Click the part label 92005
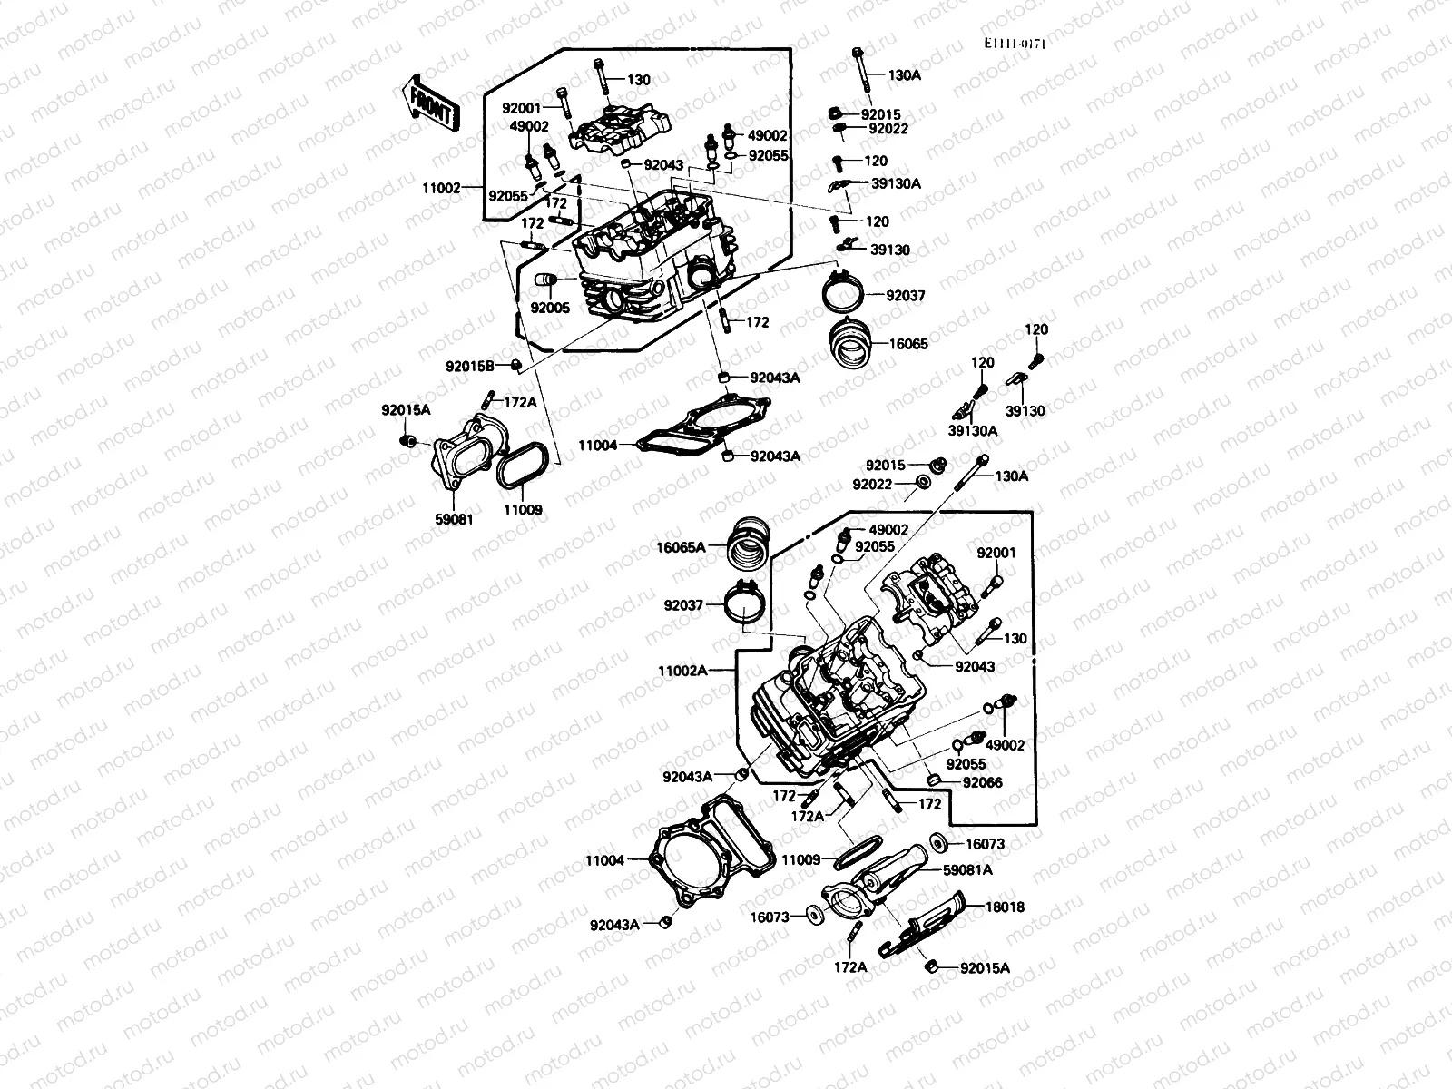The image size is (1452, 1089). pyautogui.click(x=550, y=308)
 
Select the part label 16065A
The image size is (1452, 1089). pyautogui.click(x=681, y=547)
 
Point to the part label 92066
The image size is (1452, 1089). pyautogui.click(x=982, y=782)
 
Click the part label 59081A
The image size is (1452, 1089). pyautogui.click(x=968, y=869)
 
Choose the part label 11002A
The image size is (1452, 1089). pyautogui.click(x=682, y=672)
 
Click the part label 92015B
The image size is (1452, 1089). pyautogui.click(x=469, y=366)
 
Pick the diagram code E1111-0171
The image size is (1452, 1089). pyautogui.click(x=1013, y=44)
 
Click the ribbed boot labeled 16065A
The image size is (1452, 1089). pyautogui.click(x=750, y=547)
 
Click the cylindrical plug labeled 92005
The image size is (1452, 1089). pyautogui.click(x=544, y=281)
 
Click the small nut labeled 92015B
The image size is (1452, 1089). pyautogui.click(x=515, y=365)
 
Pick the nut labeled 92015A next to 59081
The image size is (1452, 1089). pyautogui.click(x=409, y=441)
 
